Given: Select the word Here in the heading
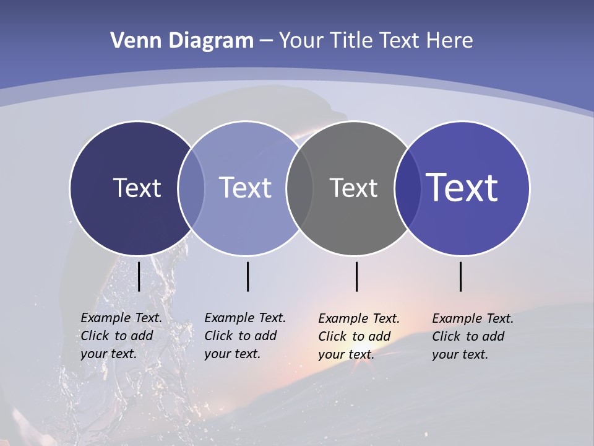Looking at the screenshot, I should point(449,40).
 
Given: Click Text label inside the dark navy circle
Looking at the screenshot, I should point(137,188).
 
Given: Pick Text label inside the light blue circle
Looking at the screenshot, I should point(245,188).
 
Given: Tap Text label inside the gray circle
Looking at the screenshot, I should point(353,188).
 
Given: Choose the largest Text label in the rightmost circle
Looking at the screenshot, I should point(462,188).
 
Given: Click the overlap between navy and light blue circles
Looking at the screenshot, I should point(191,188).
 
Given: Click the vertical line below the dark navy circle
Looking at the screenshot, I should point(139,276).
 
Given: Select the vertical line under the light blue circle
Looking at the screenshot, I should point(247,276).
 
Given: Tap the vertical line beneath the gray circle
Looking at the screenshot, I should point(356,276).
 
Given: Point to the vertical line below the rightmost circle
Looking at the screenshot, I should point(460,276).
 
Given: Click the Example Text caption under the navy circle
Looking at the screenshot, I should point(121,336).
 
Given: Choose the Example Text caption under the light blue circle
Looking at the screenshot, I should point(244,336).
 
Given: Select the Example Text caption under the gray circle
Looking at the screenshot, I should point(358,336).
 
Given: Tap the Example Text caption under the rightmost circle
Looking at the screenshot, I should point(472,336).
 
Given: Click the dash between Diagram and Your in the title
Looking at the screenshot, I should point(266,42).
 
